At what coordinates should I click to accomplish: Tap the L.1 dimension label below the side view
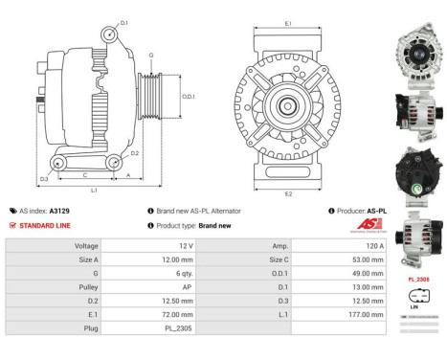[x=93, y=191]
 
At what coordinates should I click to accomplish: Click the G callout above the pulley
[x=149, y=56]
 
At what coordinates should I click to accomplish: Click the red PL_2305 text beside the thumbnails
[x=417, y=279]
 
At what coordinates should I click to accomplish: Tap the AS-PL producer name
[x=376, y=211]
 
